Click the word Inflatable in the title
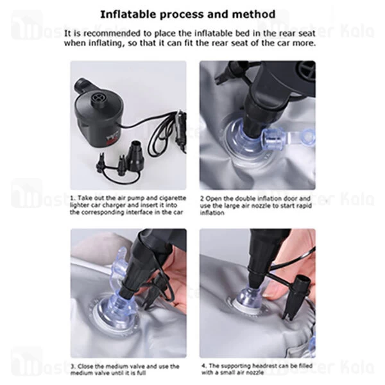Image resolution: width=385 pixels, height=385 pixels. pyautogui.click(x=128, y=15)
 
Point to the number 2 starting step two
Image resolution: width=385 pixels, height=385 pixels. pyautogui.click(x=202, y=198)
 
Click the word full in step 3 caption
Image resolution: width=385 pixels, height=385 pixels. pyautogui.click(x=141, y=373)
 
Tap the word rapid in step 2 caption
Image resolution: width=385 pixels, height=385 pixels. pyautogui.click(x=304, y=205)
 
